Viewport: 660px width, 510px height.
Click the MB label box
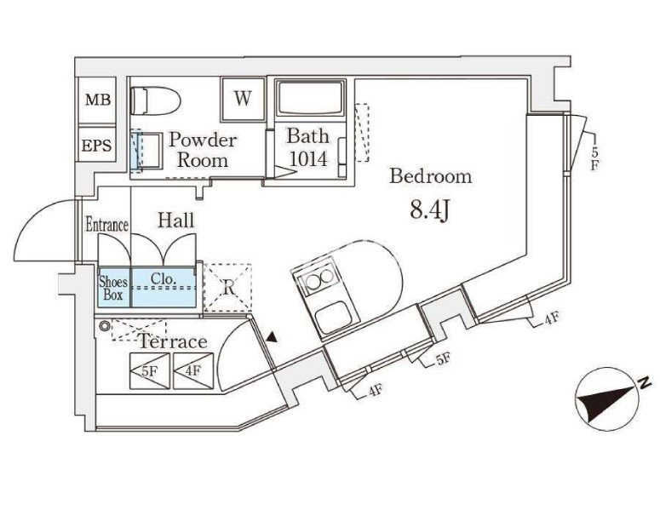point(97,100)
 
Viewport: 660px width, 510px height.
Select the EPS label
point(97,146)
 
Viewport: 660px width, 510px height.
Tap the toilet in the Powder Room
point(155,101)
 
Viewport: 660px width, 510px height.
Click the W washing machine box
point(243,99)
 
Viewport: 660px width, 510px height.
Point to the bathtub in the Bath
point(310,98)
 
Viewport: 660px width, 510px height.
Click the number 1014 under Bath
point(307,159)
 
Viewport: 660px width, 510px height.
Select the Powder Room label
point(203,149)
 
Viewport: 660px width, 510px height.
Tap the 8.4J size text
point(431,210)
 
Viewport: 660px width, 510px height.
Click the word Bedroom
point(431,176)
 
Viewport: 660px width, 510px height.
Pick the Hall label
point(176,220)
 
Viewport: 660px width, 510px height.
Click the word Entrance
point(107,224)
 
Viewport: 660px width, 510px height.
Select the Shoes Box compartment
point(113,287)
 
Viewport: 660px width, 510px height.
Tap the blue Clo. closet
point(164,287)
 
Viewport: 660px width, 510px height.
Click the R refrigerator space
point(227,288)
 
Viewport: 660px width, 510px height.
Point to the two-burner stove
point(318,278)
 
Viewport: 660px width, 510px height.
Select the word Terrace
point(173,341)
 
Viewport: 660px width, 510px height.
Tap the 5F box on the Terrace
point(150,370)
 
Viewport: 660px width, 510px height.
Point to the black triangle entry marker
point(273,336)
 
